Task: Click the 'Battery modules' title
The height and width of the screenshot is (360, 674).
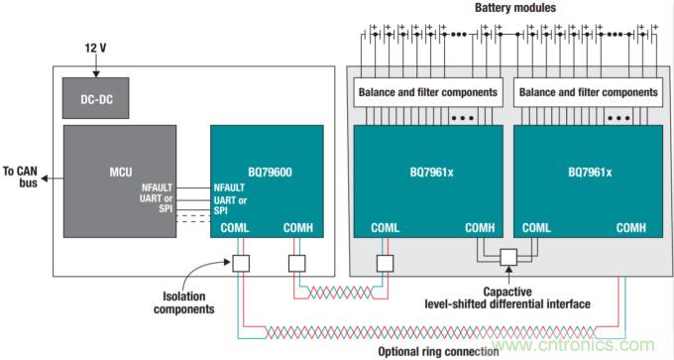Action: (x=515, y=9)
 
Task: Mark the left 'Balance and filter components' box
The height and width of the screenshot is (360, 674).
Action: (x=426, y=92)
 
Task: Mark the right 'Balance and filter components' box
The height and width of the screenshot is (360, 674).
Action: (x=588, y=92)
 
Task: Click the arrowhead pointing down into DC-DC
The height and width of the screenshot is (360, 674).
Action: (x=97, y=71)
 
